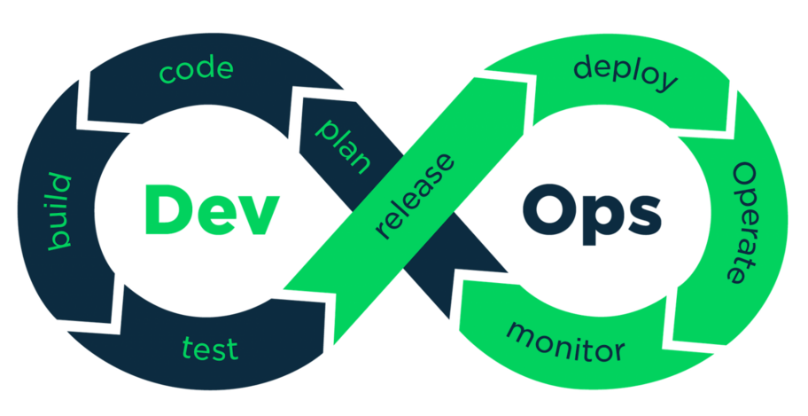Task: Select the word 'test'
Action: click(210, 347)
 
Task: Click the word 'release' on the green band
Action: click(415, 196)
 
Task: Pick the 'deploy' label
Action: click(625, 74)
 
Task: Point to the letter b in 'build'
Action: click(58, 241)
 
